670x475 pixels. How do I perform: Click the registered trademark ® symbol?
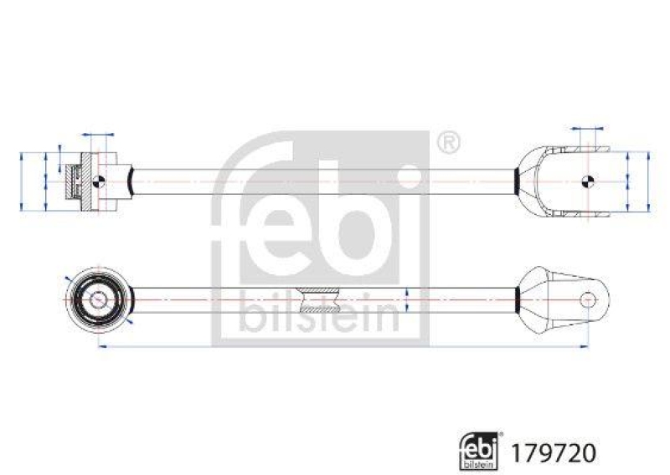(449, 143)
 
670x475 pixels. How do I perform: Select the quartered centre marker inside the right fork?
(586, 180)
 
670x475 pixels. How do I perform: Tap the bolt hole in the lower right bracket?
(589, 299)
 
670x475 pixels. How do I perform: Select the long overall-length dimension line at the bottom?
(343, 345)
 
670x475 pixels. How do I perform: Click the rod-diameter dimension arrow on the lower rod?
(406, 299)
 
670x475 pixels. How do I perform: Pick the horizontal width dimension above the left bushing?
(98, 134)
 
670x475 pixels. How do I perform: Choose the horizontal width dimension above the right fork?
(586, 129)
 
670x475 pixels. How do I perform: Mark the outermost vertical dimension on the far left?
(21, 180)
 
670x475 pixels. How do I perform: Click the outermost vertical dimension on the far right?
(648, 180)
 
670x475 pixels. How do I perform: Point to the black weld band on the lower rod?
(516, 299)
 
